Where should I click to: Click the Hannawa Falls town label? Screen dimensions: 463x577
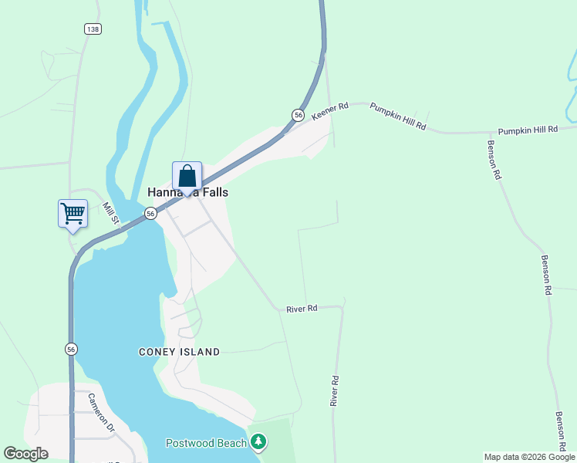click(x=187, y=193)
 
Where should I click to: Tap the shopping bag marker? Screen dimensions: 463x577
click(x=187, y=177)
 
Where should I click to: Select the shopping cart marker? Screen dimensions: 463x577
click(x=73, y=212)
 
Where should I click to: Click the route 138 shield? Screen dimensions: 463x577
click(x=93, y=29)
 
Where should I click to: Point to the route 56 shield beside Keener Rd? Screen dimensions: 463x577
click(x=298, y=115)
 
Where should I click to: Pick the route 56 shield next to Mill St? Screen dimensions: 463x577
click(x=151, y=213)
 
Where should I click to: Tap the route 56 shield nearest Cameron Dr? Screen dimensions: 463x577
click(x=71, y=349)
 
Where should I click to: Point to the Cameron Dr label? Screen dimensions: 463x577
click(x=100, y=413)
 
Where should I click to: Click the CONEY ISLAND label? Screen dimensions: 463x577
click(x=179, y=352)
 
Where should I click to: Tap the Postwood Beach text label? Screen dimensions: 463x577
click(x=206, y=443)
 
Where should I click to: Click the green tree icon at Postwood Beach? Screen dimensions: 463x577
click(x=259, y=442)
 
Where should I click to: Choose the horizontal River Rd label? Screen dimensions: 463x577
click(x=302, y=309)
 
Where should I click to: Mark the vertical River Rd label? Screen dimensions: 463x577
click(x=335, y=391)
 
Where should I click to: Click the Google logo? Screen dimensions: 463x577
click(x=25, y=454)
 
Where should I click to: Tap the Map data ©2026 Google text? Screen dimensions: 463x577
click(x=529, y=457)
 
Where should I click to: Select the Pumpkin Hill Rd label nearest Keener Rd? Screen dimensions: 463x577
click(x=398, y=115)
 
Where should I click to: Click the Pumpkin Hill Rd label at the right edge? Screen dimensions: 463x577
click(x=527, y=130)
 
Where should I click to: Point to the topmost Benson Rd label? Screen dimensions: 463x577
click(x=494, y=160)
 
